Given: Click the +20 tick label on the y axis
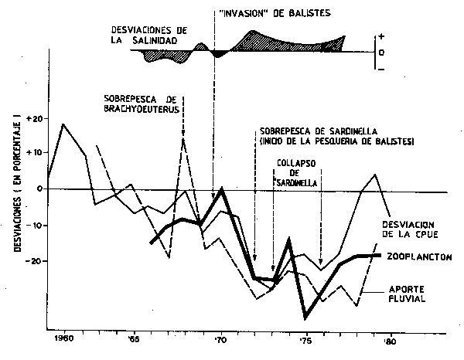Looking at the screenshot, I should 33,120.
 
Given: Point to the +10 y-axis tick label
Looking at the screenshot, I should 33,152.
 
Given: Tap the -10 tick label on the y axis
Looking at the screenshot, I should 34,226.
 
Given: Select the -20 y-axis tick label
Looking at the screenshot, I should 34,262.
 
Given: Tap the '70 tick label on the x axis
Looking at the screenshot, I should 221,339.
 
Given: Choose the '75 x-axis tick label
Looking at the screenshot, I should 305,339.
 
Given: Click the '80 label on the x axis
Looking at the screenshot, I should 391,339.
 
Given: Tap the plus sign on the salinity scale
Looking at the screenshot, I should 381,36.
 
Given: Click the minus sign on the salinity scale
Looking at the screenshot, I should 381,70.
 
